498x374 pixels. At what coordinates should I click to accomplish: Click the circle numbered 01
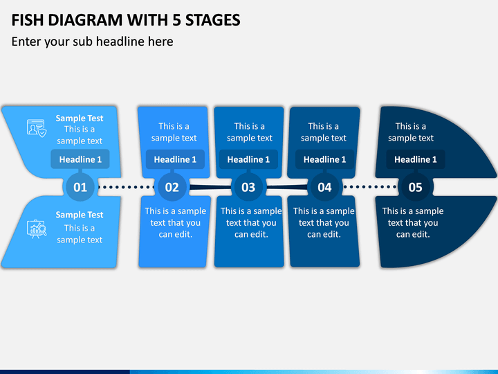click(80, 187)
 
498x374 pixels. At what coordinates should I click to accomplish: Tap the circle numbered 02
click(172, 187)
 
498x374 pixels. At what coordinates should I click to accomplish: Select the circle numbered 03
click(248, 187)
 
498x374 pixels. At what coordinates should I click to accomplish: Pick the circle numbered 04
click(324, 187)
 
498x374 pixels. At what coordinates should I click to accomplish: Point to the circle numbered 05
click(416, 187)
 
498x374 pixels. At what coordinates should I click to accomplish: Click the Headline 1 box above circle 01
click(80, 159)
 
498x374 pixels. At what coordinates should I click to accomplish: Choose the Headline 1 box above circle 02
click(175, 159)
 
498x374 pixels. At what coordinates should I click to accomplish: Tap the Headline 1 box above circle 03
click(248, 159)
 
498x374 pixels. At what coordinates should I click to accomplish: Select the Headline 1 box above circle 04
click(324, 159)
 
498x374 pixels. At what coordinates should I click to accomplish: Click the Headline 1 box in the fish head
click(416, 159)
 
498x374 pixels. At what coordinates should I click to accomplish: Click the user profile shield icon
click(37, 128)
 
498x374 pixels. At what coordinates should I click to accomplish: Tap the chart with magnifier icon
click(37, 229)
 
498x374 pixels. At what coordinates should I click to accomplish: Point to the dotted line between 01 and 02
click(126, 187)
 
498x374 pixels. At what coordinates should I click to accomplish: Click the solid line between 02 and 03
click(210, 187)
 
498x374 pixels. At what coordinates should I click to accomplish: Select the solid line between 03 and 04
click(287, 187)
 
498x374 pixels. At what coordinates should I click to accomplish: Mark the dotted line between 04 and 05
click(370, 187)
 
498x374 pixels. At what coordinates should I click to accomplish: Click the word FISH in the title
click(27, 20)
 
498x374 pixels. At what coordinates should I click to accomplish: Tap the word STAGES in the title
click(213, 20)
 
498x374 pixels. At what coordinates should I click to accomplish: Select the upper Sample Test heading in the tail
click(80, 118)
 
